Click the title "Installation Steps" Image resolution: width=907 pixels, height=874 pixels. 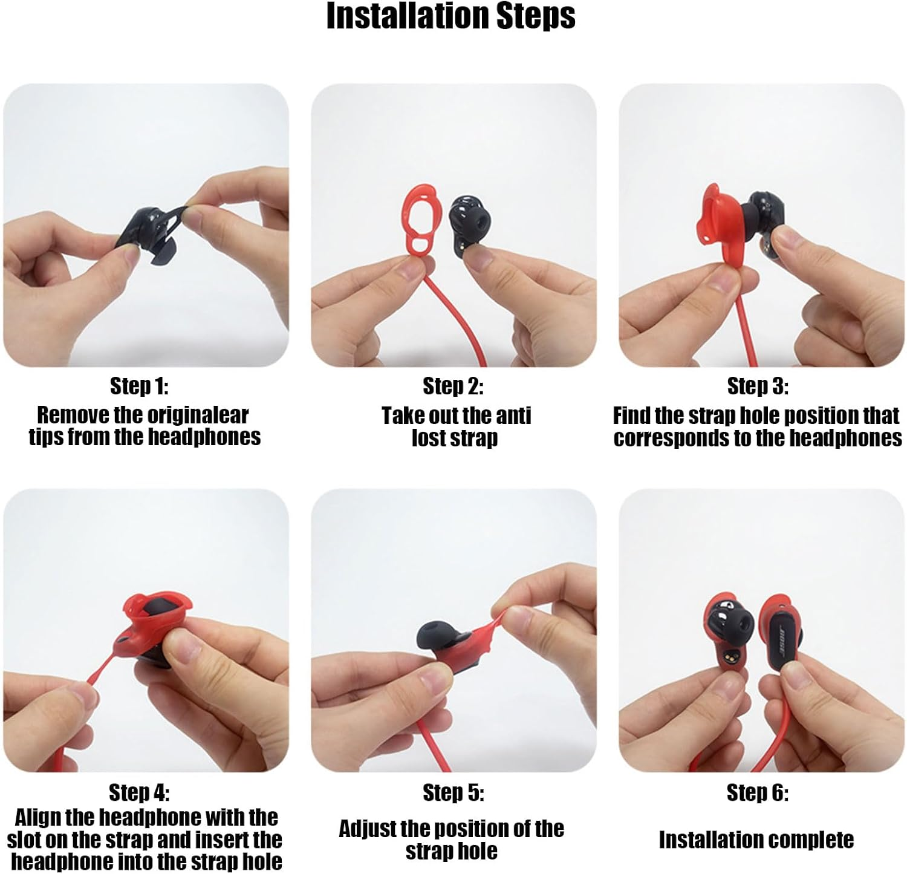tap(450, 16)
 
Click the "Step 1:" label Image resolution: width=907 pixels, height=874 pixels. tap(139, 385)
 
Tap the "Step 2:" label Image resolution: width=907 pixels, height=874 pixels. tap(453, 386)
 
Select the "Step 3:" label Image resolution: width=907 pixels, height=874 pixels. tap(758, 386)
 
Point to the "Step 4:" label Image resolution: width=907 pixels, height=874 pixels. tap(139, 792)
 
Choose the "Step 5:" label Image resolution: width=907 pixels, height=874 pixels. tap(453, 792)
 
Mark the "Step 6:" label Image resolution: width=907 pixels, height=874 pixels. tap(758, 792)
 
